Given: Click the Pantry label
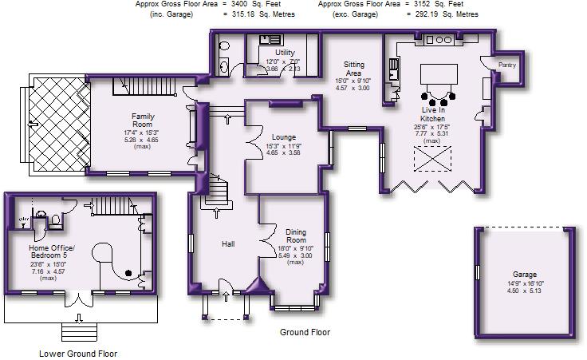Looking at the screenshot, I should click(x=507, y=65).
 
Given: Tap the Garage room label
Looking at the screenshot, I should click(x=523, y=274).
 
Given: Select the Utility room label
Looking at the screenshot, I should click(x=285, y=52).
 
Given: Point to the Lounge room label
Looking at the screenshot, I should click(x=283, y=136).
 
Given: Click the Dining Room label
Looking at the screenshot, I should click(x=296, y=236).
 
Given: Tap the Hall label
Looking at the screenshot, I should click(x=227, y=243).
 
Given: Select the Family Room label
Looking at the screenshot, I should click(x=143, y=120).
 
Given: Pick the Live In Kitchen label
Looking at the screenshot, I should click(x=433, y=114).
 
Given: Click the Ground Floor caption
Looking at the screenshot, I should click(x=305, y=332).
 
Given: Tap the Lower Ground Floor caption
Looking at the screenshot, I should click(x=78, y=353).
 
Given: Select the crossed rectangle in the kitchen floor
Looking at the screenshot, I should click(x=433, y=163).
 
